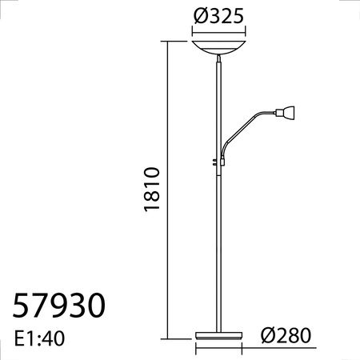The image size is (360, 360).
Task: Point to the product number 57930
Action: click(60, 306)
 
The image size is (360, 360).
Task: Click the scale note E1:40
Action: click(39, 338)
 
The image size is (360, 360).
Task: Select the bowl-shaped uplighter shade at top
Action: click(220, 47)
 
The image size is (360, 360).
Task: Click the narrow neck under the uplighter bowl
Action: click(220, 61)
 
